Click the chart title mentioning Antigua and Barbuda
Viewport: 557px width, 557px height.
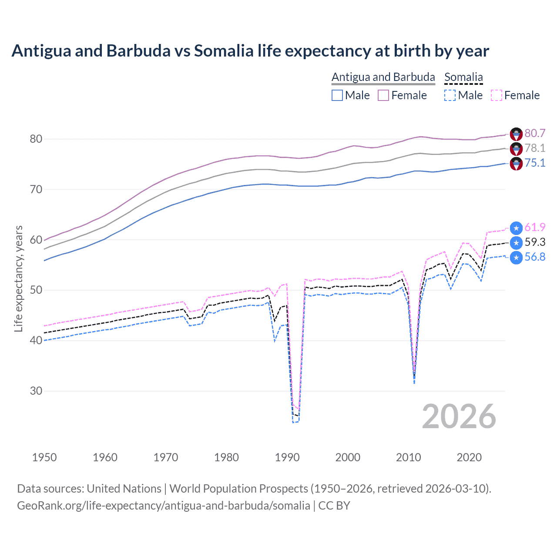(x=250, y=51)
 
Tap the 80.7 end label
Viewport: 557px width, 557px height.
(x=535, y=133)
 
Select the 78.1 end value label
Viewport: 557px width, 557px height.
(x=535, y=148)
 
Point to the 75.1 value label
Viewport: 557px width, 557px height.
(x=535, y=163)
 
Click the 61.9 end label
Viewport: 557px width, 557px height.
(x=535, y=227)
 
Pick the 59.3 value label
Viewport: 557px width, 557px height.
(x=535, y=242)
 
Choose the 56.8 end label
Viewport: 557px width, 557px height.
(x=535, y=257)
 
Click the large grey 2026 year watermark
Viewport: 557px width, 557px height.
(x=459, y=416)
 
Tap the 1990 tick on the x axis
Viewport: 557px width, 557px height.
(x=287, y=457)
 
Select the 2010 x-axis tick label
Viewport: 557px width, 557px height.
(x=408, y=457)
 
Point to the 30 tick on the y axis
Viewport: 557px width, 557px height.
(x=36, y=391)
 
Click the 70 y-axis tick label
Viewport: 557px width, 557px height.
(x=36, y=189)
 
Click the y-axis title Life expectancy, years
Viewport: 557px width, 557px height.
(x=19, y=278)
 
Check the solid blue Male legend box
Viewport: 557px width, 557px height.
(x=337, y=95)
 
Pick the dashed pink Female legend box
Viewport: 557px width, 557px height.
(x=496, y=95)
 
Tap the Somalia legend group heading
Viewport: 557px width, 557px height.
(x=463, y=77)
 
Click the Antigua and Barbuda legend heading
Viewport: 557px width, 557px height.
(x=383, y=77)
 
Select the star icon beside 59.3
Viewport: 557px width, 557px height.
(x=516, y=242)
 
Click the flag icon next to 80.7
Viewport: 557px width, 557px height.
(x=516, y=134)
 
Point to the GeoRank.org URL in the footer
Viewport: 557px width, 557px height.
(x=163, y=506)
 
